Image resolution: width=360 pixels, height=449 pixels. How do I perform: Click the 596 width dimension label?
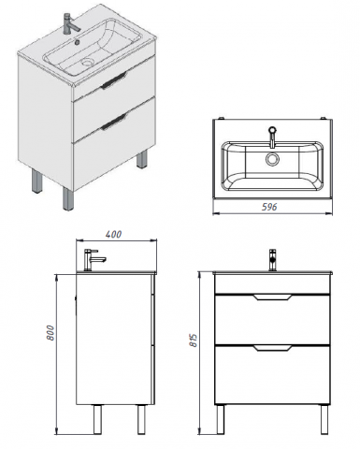pyautogui.click(x=268, y=207)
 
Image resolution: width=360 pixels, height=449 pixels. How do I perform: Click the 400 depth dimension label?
pyautogui.click(x=113, y=234)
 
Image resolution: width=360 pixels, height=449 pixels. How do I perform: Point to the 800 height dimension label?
pyautogui.click(x=50, y=333)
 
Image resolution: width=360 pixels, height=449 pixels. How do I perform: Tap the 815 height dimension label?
pyautogui.click(x=194, y=340)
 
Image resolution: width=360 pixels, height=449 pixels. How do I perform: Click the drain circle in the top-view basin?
pyautogui.click(x=272, y=159)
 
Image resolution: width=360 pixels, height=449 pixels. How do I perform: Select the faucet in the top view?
pyautogui.click(x=272, y=137)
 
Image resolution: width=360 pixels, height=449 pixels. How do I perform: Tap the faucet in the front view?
pyautogui.click(x=272, y=259)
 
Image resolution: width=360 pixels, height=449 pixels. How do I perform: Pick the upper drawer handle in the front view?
pyautogui.click(x=272, y=297)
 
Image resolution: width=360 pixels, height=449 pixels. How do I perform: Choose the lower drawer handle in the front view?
pyautogui.click(x=272, y=348)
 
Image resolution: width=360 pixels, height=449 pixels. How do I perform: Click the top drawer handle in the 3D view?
pyautogui.click(x=114, y=80)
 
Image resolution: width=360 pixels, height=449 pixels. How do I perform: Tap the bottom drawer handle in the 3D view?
pyautogui.click(x=114, y=122)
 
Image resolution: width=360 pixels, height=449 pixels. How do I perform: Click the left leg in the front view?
pyautogui.click(x=221, y=419)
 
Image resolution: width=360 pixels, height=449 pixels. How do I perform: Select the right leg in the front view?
pyautogui.click(x=324, y=419)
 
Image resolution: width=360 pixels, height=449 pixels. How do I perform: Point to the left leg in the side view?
pyautogui.click(x=97, y=419)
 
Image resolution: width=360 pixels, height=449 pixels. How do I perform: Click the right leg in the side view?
pyautogui.click(x=141, y=419)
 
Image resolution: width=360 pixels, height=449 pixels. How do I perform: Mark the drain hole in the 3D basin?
pyautogui.click(x=88, y=63)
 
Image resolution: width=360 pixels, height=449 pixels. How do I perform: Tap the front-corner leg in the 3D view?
pyautogui.click(x=68, y=198)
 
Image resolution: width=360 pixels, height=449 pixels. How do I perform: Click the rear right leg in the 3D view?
pyautogui.click(x=142, y=159)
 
